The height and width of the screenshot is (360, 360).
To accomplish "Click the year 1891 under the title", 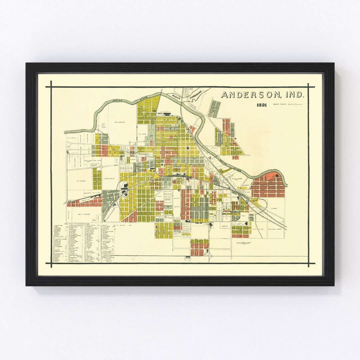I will (x=262, y=105).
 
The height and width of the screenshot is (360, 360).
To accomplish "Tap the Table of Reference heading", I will (x=77, y=224).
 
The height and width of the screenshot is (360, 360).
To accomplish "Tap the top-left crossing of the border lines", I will (x=51, y=87).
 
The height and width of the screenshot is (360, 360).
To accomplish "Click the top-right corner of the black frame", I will (x=334, y=63).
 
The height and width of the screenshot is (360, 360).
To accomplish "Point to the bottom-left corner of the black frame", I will (x=26, y=285).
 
